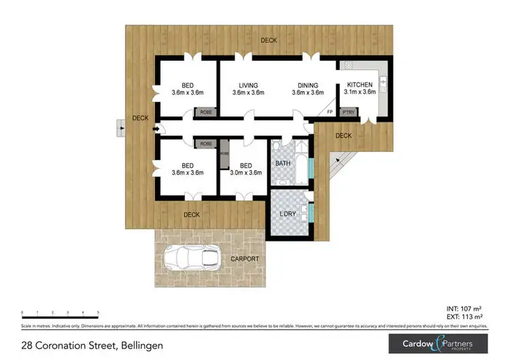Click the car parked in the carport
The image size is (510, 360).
pyautogui.click(x=191, y=257)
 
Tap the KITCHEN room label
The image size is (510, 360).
pyautogui.click(x=360, y=84)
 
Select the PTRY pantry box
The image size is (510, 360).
pyautogui.click(x=348, y=111)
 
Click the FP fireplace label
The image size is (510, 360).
pyautogui.click(x=330, y=111)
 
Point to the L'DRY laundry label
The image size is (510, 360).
pyautogui.click(x=288, y=214)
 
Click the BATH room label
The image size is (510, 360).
pyautogui.click(x=283, y=163)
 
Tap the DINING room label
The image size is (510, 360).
pyautogui.click(x=307, y=85)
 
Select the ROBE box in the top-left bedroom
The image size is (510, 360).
pyautogui.click(x=205, y=112)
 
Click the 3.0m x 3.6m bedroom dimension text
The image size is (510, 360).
pyautogui.click(x=246, y=173)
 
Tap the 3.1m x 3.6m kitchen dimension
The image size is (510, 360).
pyautogui.click(x=360, y=92)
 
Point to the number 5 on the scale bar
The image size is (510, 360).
pyautogui.click(x=99, y=312)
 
